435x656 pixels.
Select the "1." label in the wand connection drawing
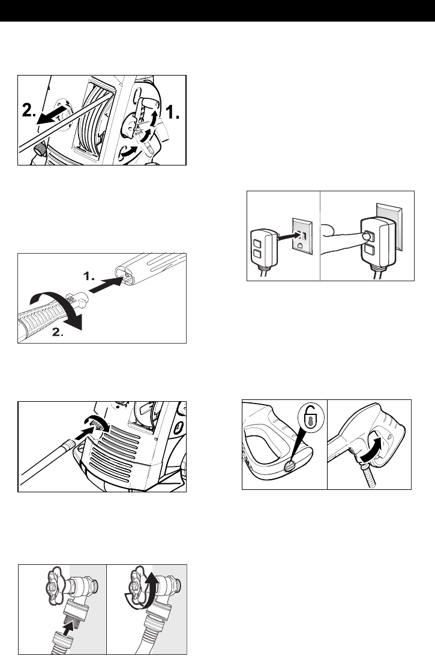pos(88,277)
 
